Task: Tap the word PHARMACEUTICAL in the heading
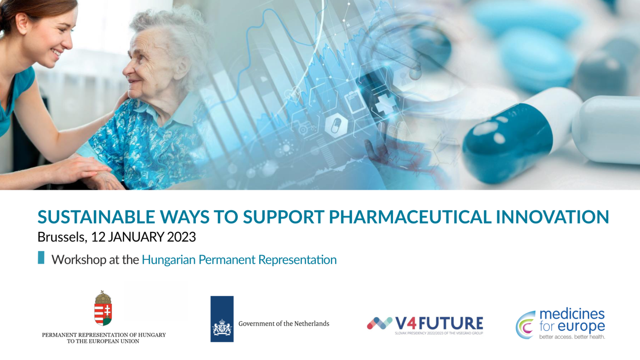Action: (410, 217)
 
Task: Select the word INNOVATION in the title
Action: (552, 217)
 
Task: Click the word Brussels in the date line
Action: (62, 237)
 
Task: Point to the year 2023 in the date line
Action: (181, 237)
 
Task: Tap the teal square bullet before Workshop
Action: (41, 257)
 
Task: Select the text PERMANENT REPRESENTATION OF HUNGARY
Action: (104, 335)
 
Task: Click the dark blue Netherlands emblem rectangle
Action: (222, 319)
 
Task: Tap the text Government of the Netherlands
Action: (284, 324)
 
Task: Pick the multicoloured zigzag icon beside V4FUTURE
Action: (380, 323)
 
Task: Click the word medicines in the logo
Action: (572, 314)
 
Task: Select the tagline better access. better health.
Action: (572, 337)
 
